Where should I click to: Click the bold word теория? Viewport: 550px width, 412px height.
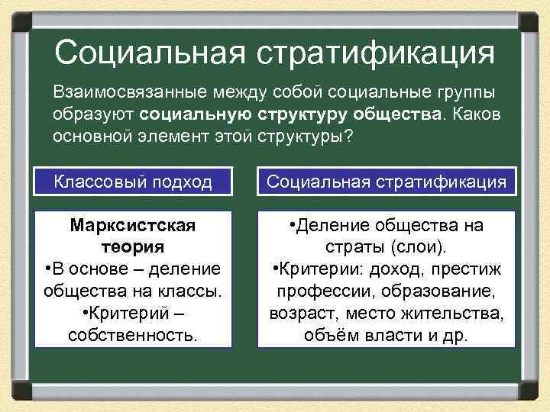(133, 247)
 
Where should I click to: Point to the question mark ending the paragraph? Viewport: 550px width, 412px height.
(350, 137)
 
